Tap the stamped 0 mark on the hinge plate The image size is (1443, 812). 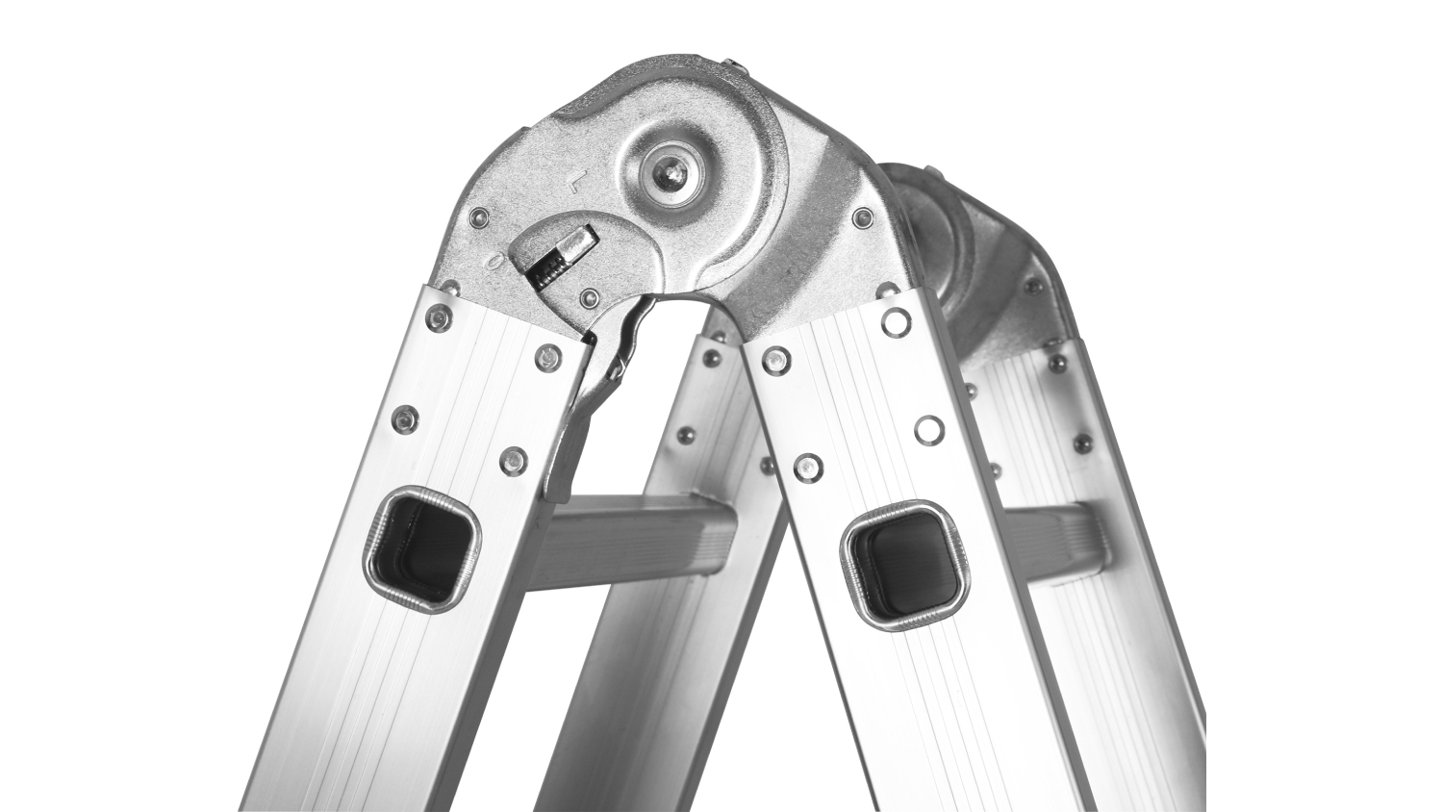point(494,261)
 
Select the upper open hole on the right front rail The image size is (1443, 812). point(896,320)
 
